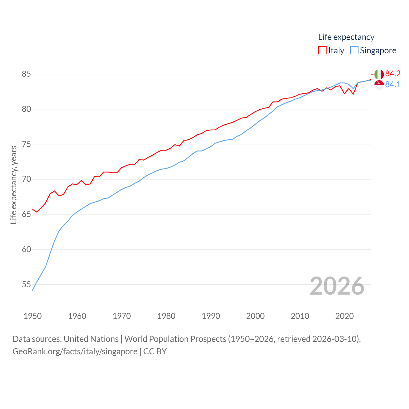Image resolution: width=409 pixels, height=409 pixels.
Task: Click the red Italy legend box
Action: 322,50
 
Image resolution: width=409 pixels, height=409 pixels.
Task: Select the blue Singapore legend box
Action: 354,50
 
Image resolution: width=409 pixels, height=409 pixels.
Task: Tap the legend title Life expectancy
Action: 346,37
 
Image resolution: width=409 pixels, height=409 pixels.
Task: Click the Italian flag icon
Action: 379,74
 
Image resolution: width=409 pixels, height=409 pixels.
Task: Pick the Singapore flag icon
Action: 379,85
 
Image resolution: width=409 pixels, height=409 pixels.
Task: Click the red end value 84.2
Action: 393,74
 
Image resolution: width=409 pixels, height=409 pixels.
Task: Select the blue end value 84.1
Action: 393,85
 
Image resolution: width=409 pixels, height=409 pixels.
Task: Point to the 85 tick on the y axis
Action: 26,74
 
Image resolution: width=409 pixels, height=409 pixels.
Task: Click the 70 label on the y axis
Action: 26,179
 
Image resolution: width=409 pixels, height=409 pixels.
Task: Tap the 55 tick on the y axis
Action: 26,284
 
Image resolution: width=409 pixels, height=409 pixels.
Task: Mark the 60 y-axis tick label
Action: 26,249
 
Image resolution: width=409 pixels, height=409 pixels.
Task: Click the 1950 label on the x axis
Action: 33,316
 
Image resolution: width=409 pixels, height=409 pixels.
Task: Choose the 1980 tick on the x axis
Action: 166,316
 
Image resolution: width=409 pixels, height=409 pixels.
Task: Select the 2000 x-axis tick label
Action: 255,316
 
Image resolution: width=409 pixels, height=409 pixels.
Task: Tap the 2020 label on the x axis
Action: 344,316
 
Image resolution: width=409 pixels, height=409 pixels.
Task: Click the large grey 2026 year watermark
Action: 337,286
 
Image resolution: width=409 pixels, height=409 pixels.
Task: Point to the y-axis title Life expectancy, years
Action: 14,185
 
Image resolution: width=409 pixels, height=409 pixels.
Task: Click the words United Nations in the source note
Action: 91,339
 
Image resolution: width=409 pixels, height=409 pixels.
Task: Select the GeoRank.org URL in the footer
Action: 75,351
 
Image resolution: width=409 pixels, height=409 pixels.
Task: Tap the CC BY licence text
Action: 155,351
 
